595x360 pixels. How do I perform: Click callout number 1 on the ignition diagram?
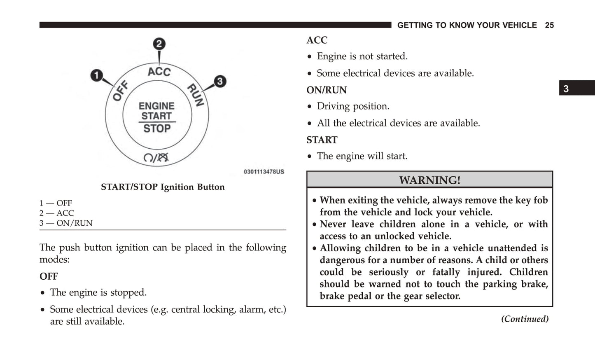click(97, 75)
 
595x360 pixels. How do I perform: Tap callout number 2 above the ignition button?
click(159, 44)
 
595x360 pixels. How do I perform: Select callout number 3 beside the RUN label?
click(219, 81)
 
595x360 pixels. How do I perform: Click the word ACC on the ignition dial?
click(159, 72)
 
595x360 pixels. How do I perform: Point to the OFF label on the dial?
click(120, 91)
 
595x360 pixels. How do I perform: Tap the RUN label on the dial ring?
click(196, 95)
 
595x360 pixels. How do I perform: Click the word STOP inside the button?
click(157, 129)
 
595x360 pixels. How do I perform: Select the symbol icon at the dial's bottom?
click(156, 157)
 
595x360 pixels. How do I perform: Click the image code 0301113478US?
click(264, 172)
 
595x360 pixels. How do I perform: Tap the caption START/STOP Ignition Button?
click(163, 187)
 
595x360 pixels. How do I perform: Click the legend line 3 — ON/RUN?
click(66, 223)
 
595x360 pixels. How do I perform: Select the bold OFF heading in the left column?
click(49, 276)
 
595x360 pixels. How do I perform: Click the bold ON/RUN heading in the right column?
click(327, 90)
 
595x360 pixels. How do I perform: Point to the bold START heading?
click(322, 140)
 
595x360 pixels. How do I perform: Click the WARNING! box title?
click(429, 180)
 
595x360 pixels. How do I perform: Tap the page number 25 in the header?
click(549, 25)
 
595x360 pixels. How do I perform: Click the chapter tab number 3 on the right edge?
click(566, 89)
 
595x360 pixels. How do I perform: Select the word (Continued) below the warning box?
click(525, 319)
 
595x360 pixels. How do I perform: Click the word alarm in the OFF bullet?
click(254, 309)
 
